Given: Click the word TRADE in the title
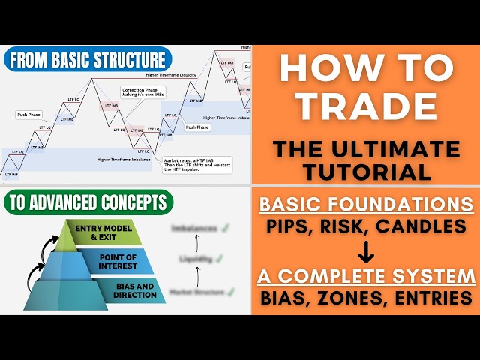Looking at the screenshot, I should (365, 108).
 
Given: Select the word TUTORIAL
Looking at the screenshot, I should (365, 172).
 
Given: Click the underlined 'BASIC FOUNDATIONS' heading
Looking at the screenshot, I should (365, 203).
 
